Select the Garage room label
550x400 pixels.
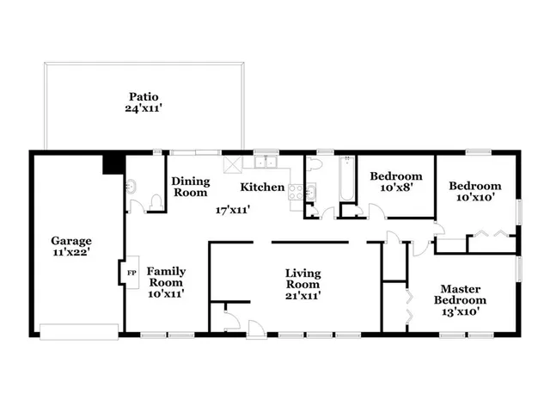click(70, 241)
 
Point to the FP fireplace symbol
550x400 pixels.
click(131, 273)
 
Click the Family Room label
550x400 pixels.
click(167, 276)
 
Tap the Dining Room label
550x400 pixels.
click(190, 187)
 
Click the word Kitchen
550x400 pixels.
click(262, 187)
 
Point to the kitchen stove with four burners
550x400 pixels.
click(296, 193)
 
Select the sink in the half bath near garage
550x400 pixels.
click(131, 186)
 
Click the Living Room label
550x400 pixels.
click(302, 279)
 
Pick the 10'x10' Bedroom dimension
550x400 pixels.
click(475, 198)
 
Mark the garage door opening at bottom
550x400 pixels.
click(78, 331)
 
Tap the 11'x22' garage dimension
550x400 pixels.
click(70, 253)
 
